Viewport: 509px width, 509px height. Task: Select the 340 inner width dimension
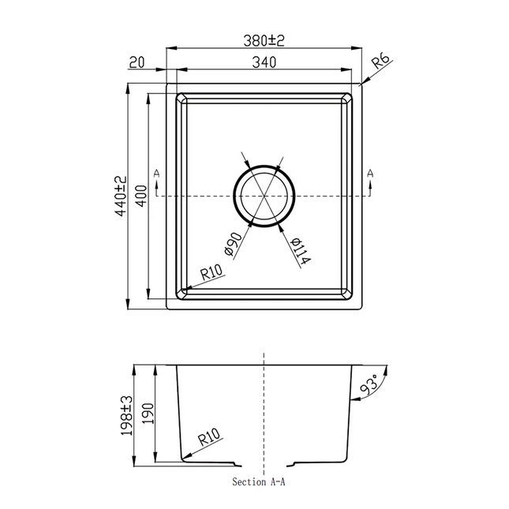click(263, 64)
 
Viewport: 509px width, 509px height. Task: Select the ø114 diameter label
click(298, 250)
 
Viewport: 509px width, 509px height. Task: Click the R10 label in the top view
click(212, 273)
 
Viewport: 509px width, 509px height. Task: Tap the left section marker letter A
click(156, 172)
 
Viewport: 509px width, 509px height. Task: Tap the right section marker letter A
click(369, 172)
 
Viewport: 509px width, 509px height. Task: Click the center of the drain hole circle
click(264, 196)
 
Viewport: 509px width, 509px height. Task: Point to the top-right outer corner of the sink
click(360, 84)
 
